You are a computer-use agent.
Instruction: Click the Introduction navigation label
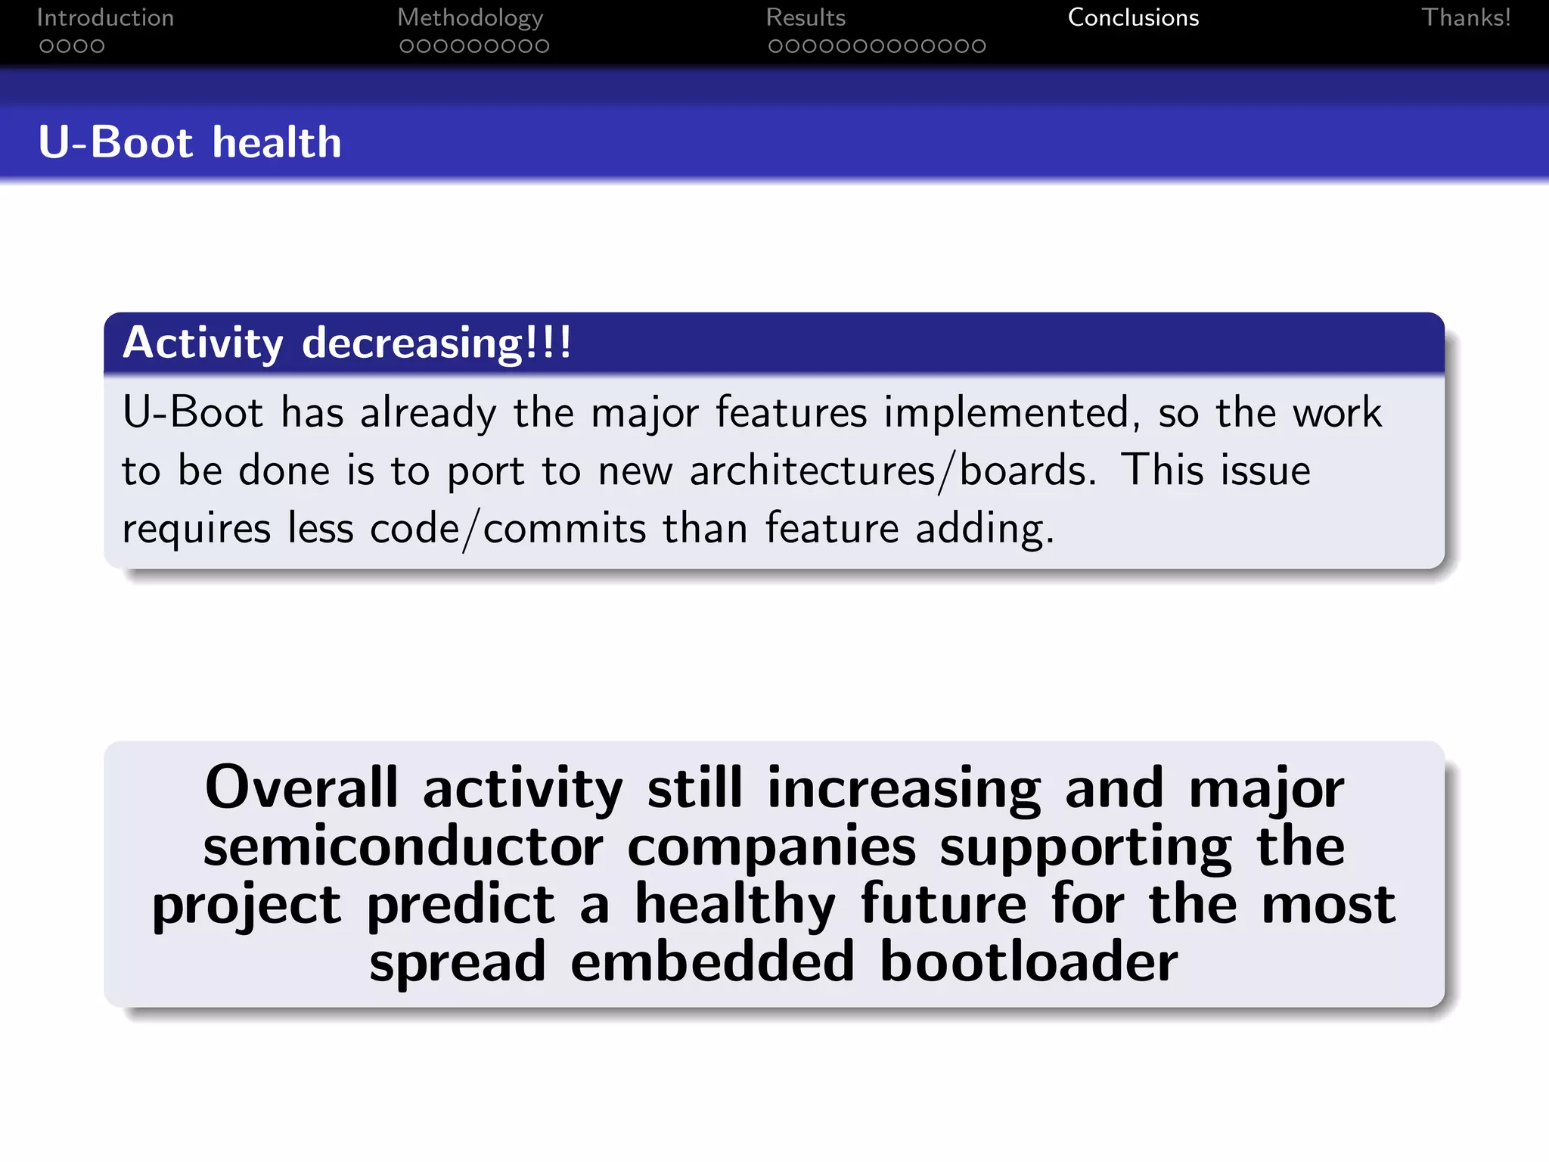pyautogui.click(x=105, y=17)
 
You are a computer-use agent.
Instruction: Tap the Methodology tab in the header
pyautogui.click(x=470, y=17)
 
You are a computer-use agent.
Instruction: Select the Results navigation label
pyautogui.click(x=805, y=17)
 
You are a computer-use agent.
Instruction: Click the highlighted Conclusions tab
pyautogui.click(x=1132, y=17)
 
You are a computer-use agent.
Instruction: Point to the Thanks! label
pyautogui.click(x=1465, y=17)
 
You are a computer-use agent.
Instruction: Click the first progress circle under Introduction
pyautogui.click(x=47, y=46)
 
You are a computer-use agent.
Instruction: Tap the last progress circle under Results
pyautogui.click(x=978, y=46)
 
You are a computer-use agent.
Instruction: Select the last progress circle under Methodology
pyautogui.click(x=542, y=46)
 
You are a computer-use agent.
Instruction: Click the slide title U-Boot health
pyautogui.click(x=190, y=142)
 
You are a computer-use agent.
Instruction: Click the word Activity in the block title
pyautogui.click(x=202, y=343)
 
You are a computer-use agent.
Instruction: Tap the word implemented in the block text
pyautogui.click(x=1011, y=413)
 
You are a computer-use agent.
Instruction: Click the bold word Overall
pyautogui.click(x=300, y=788)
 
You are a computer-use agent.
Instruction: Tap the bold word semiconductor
pyautogui.click(x=402, y=846)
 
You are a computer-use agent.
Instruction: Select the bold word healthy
pyautogui.click(x=734, y=904)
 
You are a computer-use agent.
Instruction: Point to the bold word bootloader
pyautogui.click(x=1028, y=962)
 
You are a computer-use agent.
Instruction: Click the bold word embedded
pyautogui.click(x=712, y=962)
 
